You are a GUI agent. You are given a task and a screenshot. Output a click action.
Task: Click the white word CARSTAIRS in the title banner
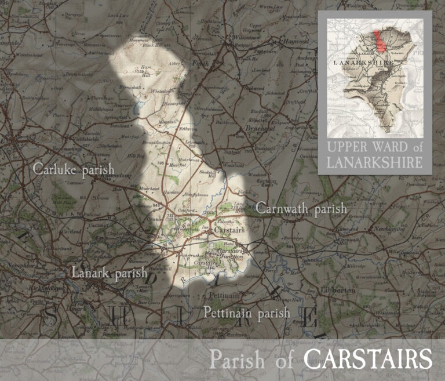coord(368,360)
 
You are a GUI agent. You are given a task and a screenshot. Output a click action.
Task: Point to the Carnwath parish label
coord(301,208)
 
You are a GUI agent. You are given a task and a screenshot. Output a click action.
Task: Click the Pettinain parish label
coord(246,313)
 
